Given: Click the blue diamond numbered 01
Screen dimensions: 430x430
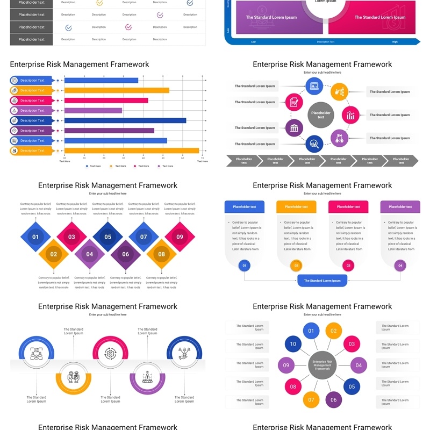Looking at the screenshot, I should (x=35, y=236).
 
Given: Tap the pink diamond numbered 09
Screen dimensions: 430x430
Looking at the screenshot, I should (x=180, y=236).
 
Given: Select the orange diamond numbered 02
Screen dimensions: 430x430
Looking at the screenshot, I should (x=54, y=254).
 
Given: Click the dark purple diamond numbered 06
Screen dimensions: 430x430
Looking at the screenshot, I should (x=125, y=254).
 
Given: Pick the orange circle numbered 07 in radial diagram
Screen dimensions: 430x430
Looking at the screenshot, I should (x=311, y=399).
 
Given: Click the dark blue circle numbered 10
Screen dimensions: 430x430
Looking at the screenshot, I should (x=293, y=344).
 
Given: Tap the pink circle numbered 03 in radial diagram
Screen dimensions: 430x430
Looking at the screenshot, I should (x=352, y=344).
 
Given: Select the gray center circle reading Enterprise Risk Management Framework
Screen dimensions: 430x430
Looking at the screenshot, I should (x=322, y=365).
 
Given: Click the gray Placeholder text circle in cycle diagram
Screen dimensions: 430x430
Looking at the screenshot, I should (x=321, y=114).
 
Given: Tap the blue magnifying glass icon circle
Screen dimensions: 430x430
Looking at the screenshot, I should (x=314, y=144).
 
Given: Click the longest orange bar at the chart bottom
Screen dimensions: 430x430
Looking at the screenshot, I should (x=131, y=150).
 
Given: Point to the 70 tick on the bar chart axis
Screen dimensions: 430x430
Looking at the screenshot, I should (x=202, y=158).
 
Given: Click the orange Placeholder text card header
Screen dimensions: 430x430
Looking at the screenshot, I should (x=296, y=206).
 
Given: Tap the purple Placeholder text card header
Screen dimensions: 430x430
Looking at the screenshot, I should (x=400, y=206).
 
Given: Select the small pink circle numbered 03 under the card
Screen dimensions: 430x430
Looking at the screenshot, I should (x=348, y=265).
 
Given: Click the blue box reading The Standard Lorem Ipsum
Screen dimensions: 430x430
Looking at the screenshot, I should (x=322, y=281).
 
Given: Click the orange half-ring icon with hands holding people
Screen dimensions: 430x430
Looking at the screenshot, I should (x=74, y=376).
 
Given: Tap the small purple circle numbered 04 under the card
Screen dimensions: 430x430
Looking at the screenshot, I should (x=400, y=265).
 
